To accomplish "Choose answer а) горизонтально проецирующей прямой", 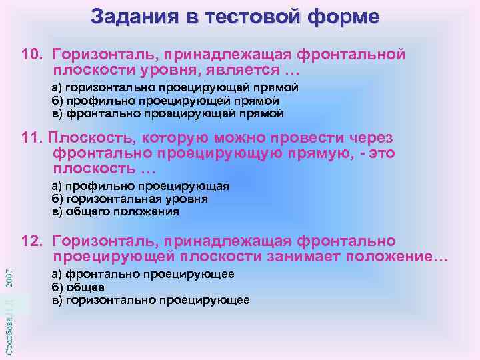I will tap(175, 88).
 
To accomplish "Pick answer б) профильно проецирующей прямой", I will tap(165, 101).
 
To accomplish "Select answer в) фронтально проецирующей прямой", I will tap(168, 113).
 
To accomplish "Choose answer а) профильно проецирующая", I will tap(140, 186).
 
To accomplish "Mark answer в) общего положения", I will tap(115, 211).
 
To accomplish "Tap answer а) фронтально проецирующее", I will tap(143, 274).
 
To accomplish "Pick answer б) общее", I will tap(78, 287).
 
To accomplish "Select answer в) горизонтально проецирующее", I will tap(151, 300).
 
